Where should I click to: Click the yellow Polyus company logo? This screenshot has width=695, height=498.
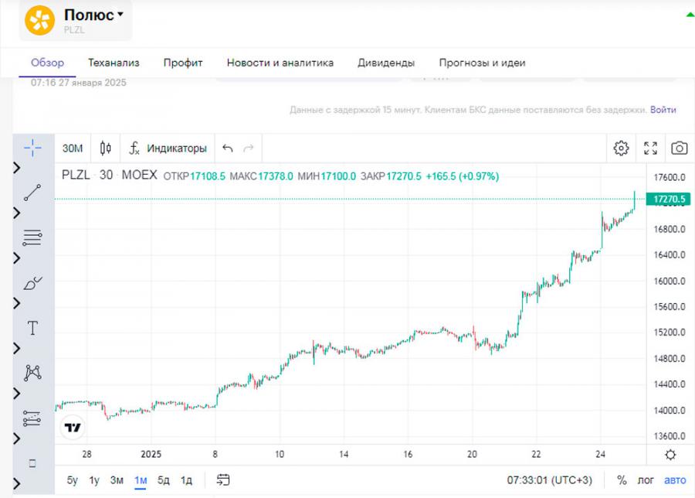pyautogui.click(x=40, y=20)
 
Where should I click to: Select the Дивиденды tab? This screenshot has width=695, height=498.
pyautogui.click(x=386, y=63)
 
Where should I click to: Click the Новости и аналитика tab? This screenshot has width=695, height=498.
pyautogui.click(x=280, y=63)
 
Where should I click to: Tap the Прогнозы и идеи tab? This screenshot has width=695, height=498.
pyautogui.click(x=482, y=63)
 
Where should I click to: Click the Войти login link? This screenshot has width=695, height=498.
pyautogui.click(x=663, y=110)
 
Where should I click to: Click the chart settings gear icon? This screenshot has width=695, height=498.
pyautogui.click(x=621, y=148)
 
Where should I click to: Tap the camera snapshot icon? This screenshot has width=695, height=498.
pyautogui.click(x=680, y=148)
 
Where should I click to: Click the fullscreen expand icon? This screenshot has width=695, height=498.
pyautogui.click(x=651, y=148)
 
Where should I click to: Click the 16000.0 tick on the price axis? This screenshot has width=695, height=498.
pyautogui.click(x=666, y=281)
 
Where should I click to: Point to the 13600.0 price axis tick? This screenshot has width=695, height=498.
pyautogui.click(x=666, y=435)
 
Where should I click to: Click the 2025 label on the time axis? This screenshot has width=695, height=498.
pyautogui.click(x=150, y=455)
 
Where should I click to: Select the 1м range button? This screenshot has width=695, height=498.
pyautogui.click(x=141, y=480)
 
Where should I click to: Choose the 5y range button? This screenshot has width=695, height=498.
pyautogui.click(x=72, y=480)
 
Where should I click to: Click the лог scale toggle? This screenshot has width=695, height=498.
pyautogui.click(x=645, y=480)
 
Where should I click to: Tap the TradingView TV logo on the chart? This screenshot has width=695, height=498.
pyautogui.click(x=73, y=427)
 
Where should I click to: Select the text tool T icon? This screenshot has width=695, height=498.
pyautogui.click(x=32, y=328)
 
